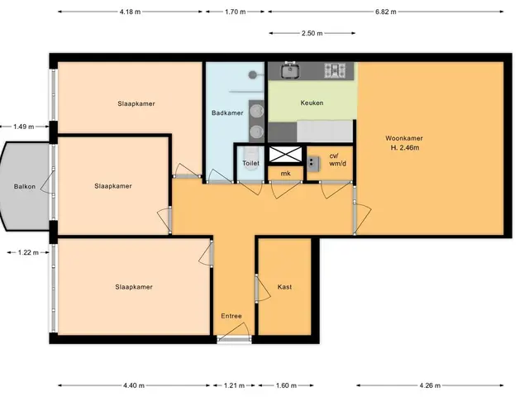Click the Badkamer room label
point(227,112)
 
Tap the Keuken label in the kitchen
point(312,103)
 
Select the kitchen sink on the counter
point(290,70)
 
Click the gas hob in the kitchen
point(335,70)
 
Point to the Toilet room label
point(250,163)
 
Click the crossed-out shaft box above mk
point(285,155)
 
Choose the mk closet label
point(285,174)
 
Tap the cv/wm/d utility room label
point(337,160)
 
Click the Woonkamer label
point(404,138)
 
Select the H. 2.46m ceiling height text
point(405,147)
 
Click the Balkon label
point(25,186)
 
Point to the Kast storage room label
point(284,287)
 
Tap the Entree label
point(231,316)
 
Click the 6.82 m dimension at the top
point(386,12)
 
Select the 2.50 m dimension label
point(312,33)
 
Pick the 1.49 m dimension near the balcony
point(24,127)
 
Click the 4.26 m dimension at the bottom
point(430,385)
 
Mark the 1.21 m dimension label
point(234,385)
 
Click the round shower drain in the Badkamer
point(252,74)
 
